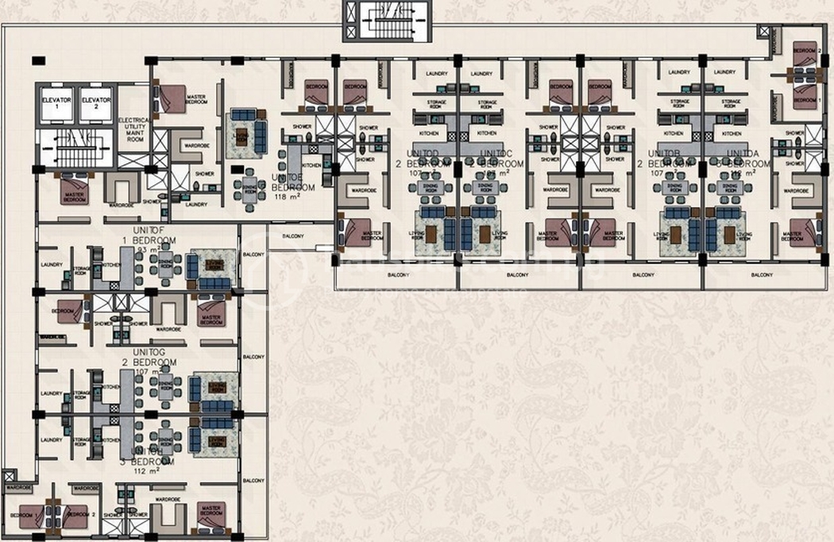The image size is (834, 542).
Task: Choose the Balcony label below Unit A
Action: tap(764, 275)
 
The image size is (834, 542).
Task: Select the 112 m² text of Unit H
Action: tap(148, 470)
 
